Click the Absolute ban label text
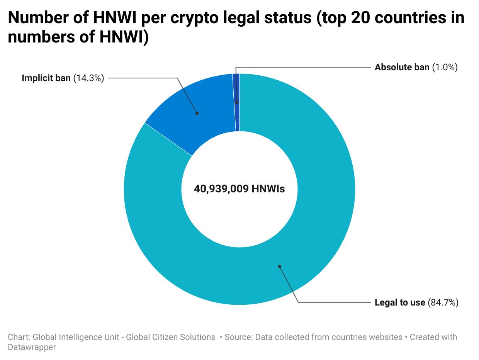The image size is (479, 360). click(x=402, y=67)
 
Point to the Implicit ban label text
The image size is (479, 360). click(x=46, y=78)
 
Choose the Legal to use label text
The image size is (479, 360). click(x=399, y=302)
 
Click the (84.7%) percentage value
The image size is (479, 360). click(x=443, y=302)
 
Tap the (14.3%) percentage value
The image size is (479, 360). click(x=88, y=78)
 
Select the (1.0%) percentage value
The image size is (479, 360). click(x=445, y=67)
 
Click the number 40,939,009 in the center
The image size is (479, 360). click(x=221, y=189)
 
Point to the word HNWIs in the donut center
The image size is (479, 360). click(x=268, y=189)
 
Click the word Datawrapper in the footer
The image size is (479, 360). click(x=32, y=347)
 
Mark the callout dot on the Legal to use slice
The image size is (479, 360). click(x=279, y=266)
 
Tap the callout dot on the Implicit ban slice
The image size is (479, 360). click(x=197, y=113)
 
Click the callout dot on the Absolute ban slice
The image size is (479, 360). click(x=237, y=102)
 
